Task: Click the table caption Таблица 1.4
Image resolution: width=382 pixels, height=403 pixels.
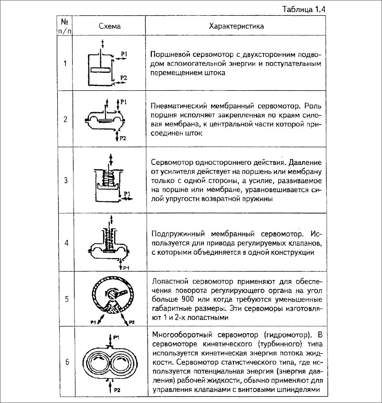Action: pyautogui.click(x=350, y=9)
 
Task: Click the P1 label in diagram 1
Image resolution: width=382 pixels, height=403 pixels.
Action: pyautogui.click(x=124, y=54)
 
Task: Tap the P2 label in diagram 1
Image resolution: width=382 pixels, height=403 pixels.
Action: pyautogui.click(x=124, y=77)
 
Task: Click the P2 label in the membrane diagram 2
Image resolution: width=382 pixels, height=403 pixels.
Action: pyautogui.click(x=122, y=138)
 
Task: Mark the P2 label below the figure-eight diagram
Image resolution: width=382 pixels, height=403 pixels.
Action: pyautogui.click(x=116, y=391)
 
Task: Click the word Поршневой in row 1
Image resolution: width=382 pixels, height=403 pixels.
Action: pyautogui.click(x=167, y=54)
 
